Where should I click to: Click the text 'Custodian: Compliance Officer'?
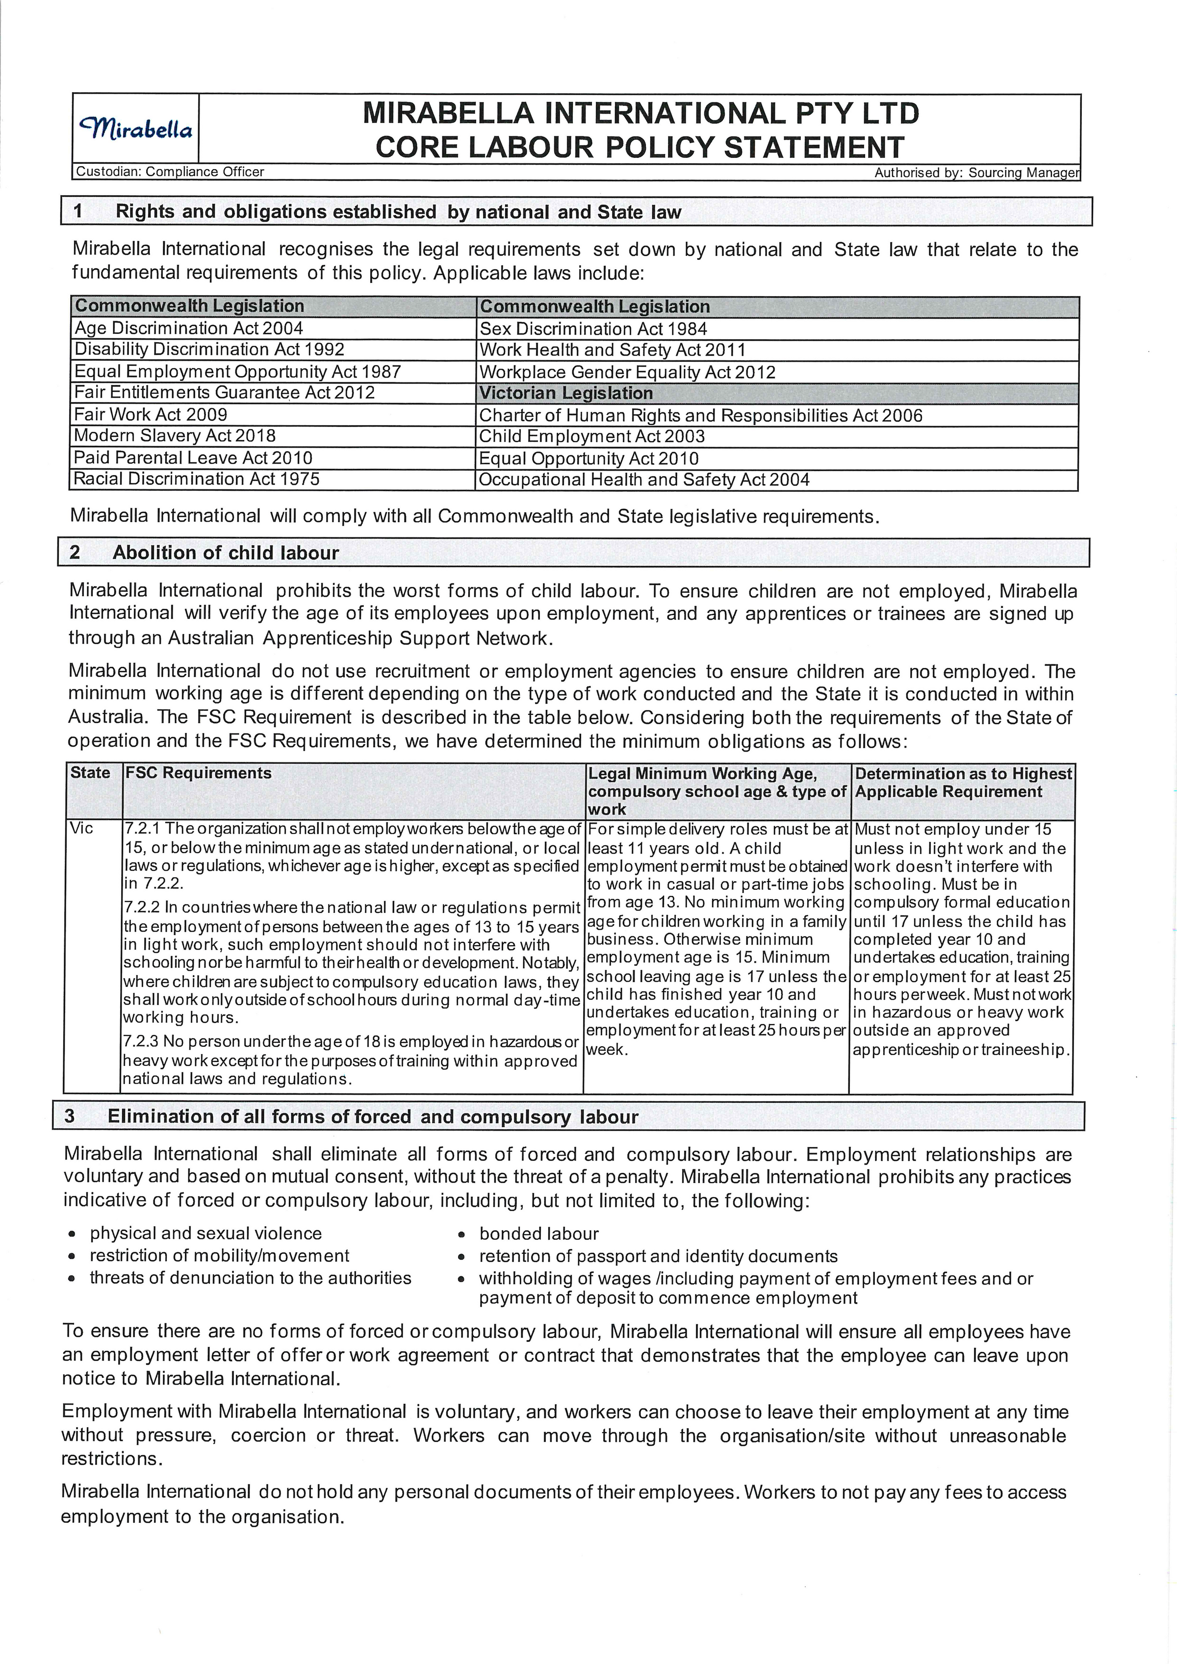pyautogui.click(x=170, y=172)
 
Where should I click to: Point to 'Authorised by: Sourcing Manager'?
pyautogui.click(x=976, y=173)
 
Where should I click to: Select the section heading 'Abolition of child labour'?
pyautogui.click(x=226, y=553)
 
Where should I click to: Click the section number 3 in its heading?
pyautogui.click(x=70, y=1116)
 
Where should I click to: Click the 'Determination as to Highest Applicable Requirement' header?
pyautogui.click(x=962, y=782)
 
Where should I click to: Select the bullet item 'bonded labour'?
pyautogui.click(x=538, y=1234)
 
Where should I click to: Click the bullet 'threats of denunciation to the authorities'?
pyautogui.click(x=250, y=1278)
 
